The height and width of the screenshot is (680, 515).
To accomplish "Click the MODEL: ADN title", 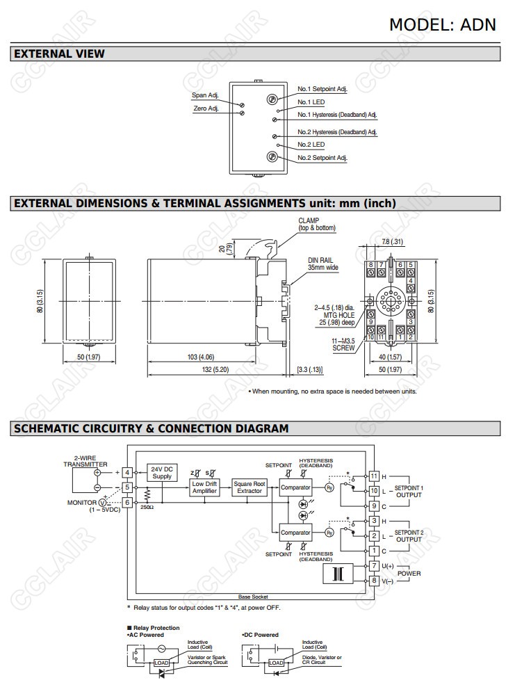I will pos(442,24).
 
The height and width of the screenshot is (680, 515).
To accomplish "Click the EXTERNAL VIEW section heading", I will pos(59,54).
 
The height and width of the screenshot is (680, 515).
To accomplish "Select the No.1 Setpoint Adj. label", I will pos(322,89).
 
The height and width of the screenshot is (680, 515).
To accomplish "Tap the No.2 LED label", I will pos(311,145).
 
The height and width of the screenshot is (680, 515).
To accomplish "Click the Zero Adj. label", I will pos(206,108).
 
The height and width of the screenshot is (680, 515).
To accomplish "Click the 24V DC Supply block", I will pos(161,472).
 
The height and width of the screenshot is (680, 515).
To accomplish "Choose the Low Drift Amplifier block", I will pos(205,487).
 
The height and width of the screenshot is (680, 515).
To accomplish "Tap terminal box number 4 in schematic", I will pos(127,472).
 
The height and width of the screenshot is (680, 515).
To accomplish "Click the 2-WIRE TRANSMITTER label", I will pos(85,461).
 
